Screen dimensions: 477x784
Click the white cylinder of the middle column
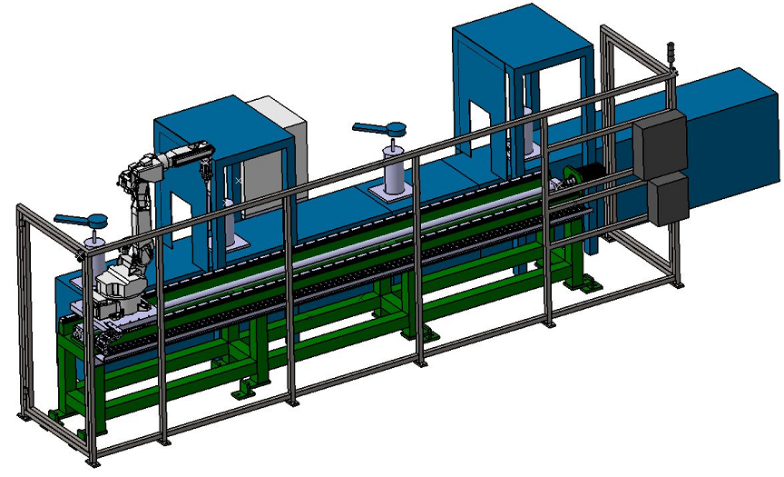[396, 170]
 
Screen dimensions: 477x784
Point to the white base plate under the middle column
[396, 193]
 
